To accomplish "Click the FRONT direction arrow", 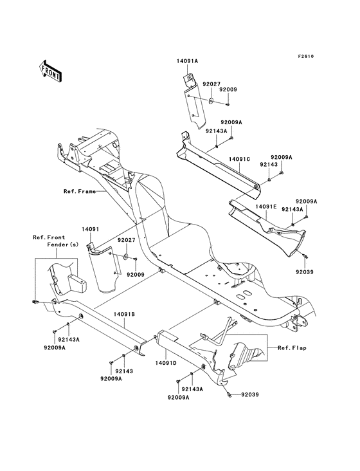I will (x=51, y=69).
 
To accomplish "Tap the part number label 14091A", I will (x=187, y=62).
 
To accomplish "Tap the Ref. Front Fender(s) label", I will (x=50, y=241).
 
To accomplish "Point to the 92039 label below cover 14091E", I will (x=305, y=272).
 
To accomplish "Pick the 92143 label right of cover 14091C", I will (x=269, y=164).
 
